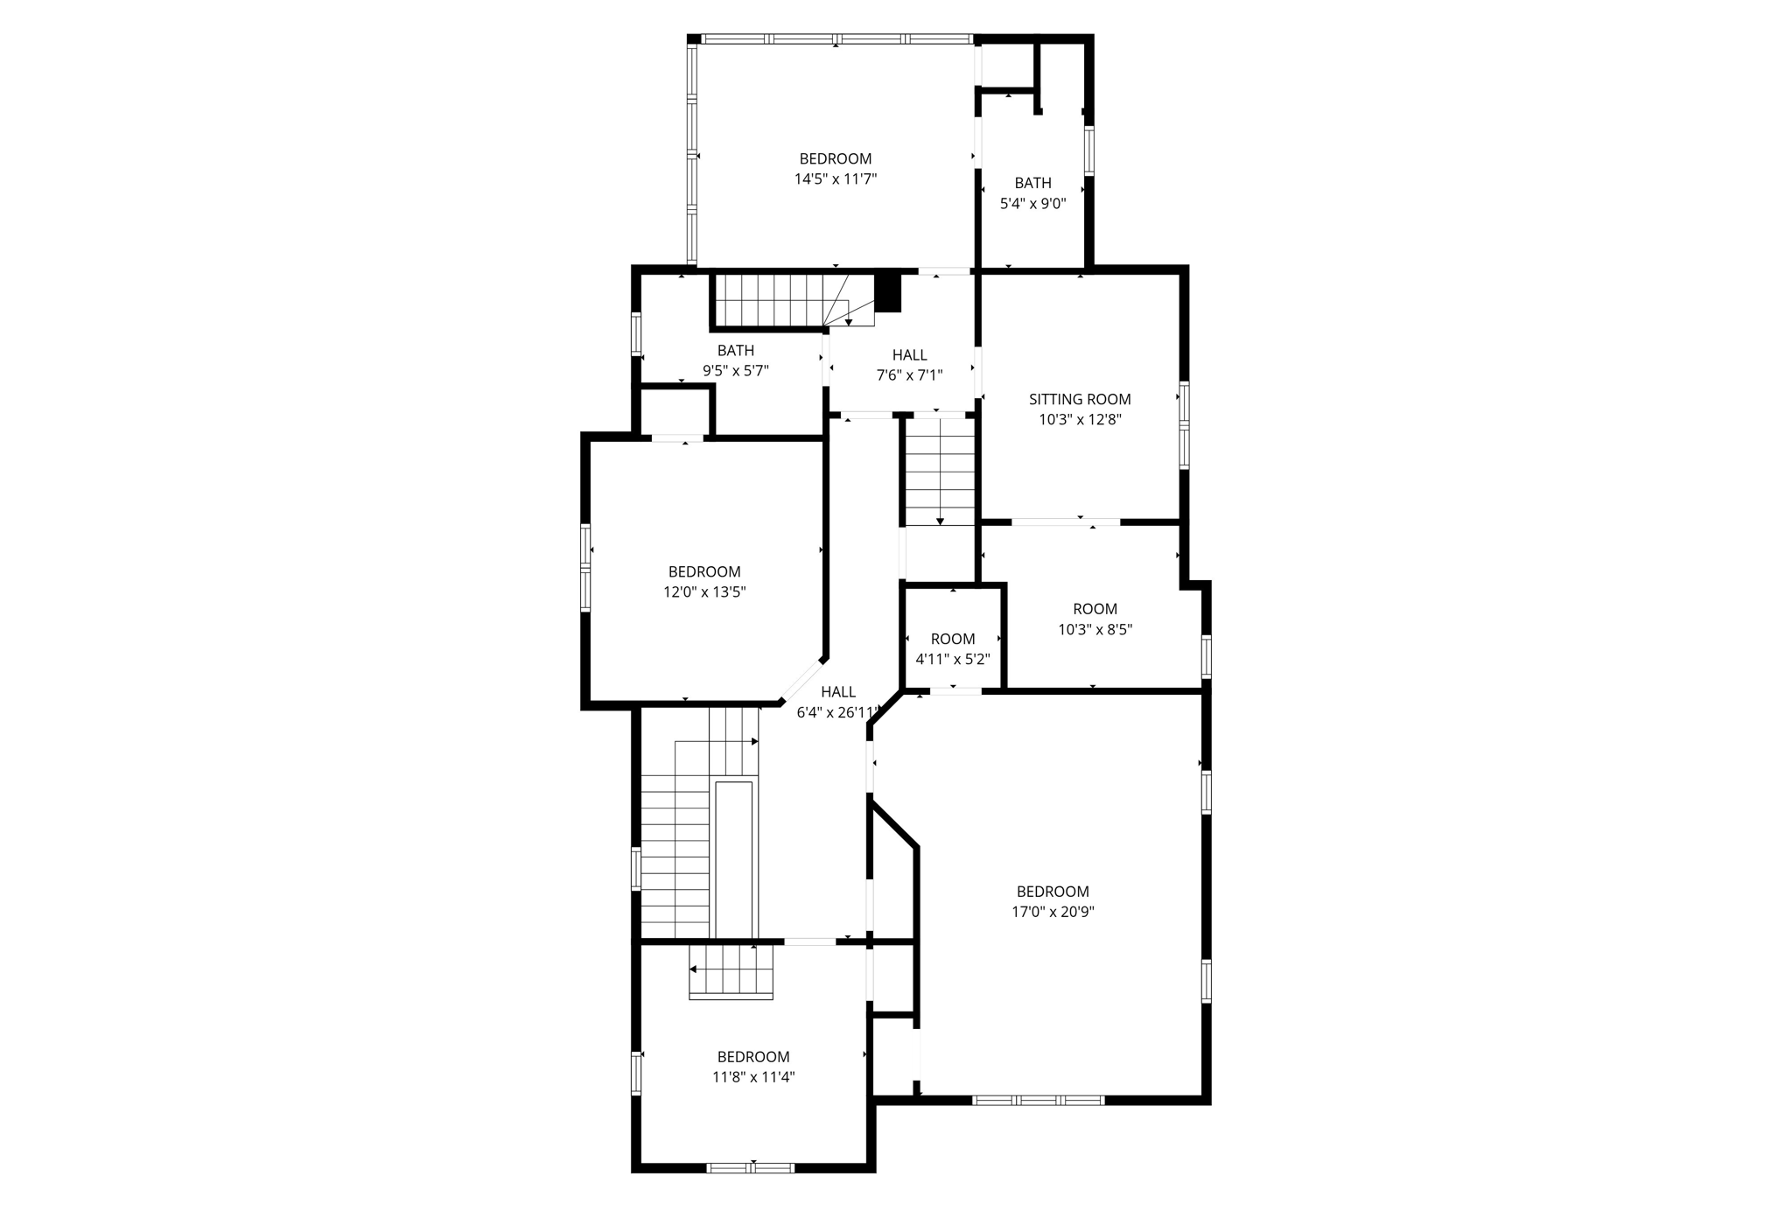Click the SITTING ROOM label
tap(1079, 399)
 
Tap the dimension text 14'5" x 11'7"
tap(835, 179)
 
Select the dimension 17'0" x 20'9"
tap(1053, 912)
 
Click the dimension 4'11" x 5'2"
tap(952, 659)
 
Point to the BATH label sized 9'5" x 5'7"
tap(735, 350)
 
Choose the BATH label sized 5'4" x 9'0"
tap(1032, 183)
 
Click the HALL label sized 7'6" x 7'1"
tap(909, 354)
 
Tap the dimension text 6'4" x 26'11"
tap(836, 712)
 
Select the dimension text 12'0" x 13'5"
tap(703, 592)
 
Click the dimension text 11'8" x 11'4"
tap(752, 1077)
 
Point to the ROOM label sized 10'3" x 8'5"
tap(1095, 608)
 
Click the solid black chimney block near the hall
tap(888, 292)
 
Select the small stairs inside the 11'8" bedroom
tap(731, 971)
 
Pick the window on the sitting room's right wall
tap(1184, 425)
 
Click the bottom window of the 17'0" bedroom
tap(1038, 1100)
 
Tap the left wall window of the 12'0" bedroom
tap(585, 566)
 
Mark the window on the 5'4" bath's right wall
tap(1089, 150)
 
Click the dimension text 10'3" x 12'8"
tap(1079, 420)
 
